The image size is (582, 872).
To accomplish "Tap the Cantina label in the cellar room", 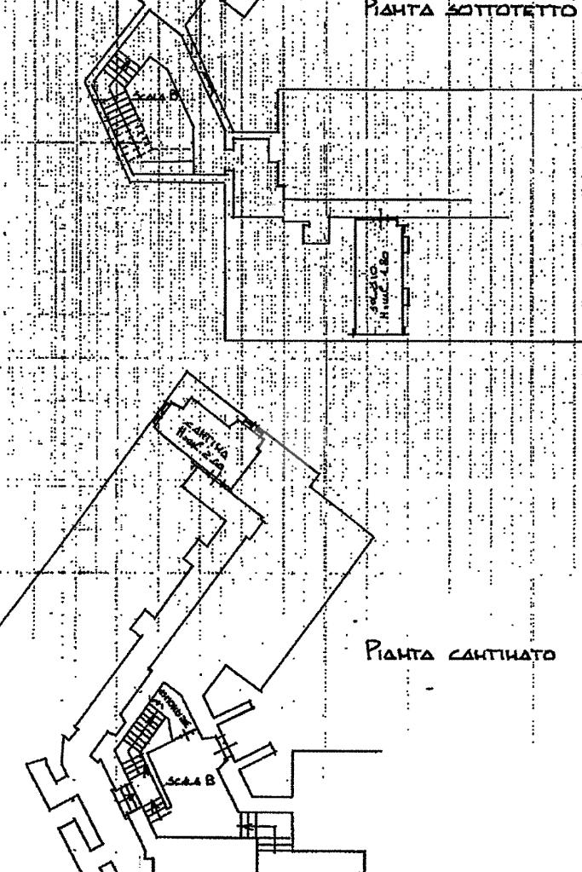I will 199,425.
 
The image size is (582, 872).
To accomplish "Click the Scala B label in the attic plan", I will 158,96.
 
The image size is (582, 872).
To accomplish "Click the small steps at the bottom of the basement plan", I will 256,825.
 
